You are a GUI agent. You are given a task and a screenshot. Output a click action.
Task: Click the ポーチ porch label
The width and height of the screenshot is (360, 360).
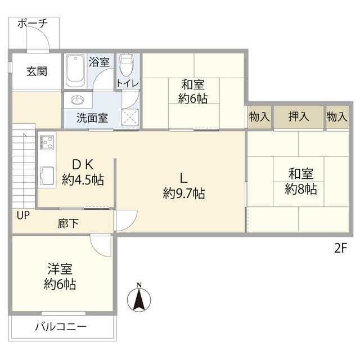(31, 23)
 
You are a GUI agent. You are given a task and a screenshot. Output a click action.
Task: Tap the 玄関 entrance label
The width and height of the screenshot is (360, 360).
(37, 71)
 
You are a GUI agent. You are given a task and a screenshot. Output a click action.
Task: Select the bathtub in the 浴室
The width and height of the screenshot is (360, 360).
(75, 71)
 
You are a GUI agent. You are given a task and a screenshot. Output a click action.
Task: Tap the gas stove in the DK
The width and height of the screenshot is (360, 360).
(46, 142)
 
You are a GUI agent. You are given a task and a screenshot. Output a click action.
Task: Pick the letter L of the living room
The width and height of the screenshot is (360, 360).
(183, 178)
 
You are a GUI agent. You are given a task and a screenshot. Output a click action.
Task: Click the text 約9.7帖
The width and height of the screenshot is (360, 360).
(183, 194)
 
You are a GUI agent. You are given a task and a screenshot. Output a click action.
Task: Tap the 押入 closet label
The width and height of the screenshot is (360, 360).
(298, 117)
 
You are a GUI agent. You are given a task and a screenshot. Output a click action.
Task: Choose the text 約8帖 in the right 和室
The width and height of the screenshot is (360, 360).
(300, 190)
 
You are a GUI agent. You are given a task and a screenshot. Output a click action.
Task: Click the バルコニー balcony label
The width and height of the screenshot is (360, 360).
(61, 326)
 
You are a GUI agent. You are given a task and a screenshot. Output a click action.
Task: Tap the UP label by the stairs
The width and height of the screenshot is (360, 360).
(23, 215)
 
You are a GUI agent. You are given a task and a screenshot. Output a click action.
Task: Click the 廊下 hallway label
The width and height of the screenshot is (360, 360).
(69, 223)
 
